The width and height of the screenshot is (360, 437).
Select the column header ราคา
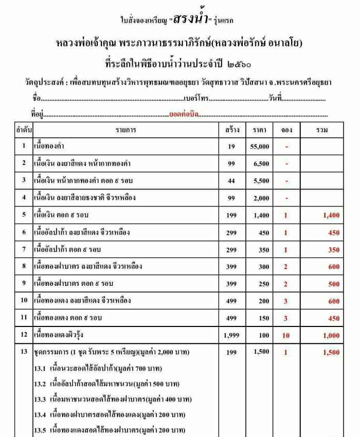[260, 130]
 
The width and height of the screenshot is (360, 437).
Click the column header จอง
[286, 130]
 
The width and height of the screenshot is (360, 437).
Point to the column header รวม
[322, 130]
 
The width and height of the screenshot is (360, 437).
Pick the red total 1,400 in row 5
[331, 215]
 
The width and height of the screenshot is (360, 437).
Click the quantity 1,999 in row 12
[231, 336]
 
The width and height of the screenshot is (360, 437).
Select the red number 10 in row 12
[286, 336]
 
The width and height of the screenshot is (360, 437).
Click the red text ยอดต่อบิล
[184, 114]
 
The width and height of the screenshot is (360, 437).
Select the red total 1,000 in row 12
[331, 336]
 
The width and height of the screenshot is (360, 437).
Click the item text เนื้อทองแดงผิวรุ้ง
[60, 336]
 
